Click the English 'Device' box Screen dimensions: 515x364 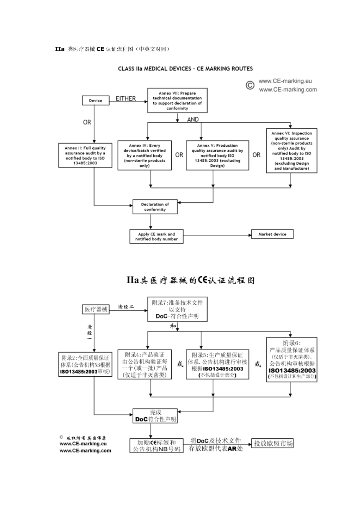tap(95, 101)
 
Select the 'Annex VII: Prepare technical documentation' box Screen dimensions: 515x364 tap(177, 101)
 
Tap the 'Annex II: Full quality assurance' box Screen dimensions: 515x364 tap(85, 156)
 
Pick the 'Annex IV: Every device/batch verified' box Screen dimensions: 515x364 tap(144, 156)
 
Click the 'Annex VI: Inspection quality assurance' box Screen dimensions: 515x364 tap(292, 151)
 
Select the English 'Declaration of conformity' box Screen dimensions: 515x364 tap(155, 207)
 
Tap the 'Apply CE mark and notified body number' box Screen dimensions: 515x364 tap(156, 236)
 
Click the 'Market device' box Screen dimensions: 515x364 tap(272, 234)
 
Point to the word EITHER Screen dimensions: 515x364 tap(126, 99)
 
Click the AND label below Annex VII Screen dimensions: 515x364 tap(193, 120)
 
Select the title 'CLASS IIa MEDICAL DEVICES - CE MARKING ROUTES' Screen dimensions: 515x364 tap(185, 69)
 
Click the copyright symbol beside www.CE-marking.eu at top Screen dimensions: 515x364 tap(250, 85)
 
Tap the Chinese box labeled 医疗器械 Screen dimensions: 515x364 tap(96, 309)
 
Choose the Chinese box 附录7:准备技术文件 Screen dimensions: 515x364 tap(177, 309)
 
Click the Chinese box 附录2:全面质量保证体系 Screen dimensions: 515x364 tap(85, 364)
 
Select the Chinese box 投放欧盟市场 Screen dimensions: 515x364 tap(273, 443)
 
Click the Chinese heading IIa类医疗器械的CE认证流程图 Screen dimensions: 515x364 tap(190, 280)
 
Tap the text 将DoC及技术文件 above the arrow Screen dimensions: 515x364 tap(216, 441)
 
